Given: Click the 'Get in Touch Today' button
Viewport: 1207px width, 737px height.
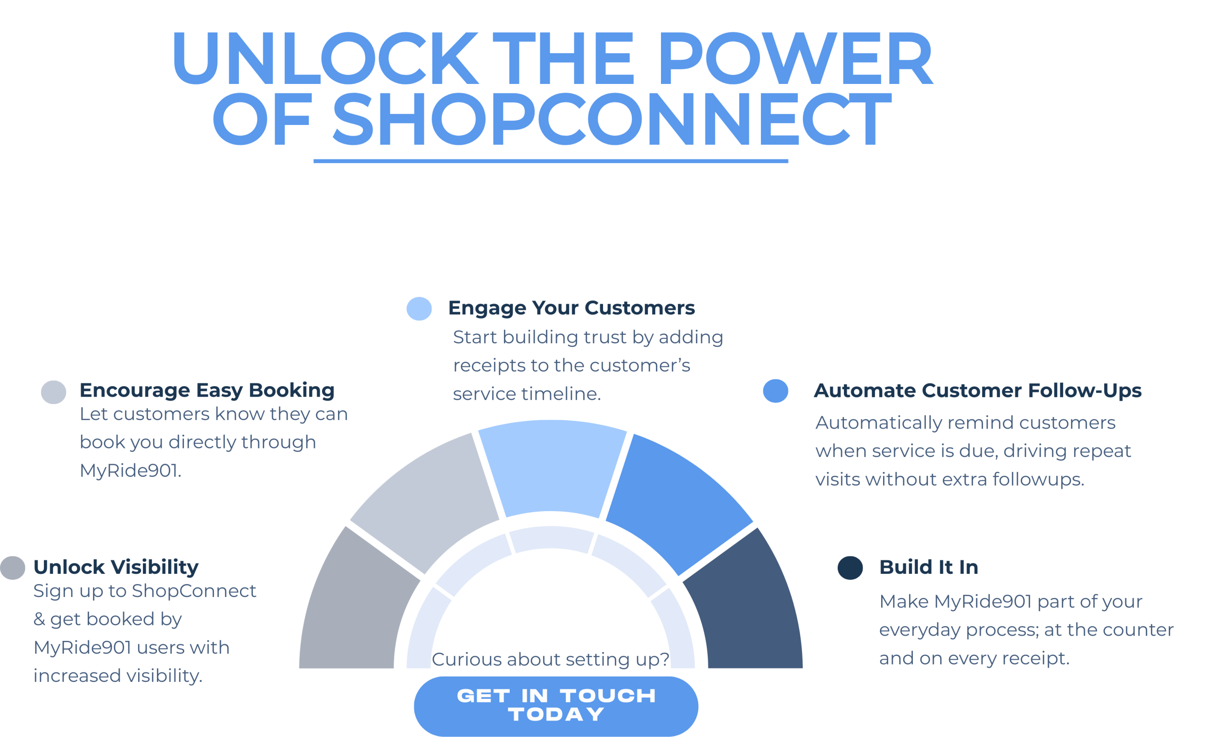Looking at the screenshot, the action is pos(555,706).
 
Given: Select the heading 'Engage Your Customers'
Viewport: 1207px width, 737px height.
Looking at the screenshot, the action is pos(571,308).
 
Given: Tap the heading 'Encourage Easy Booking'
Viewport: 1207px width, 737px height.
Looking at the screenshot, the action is pos(207,390).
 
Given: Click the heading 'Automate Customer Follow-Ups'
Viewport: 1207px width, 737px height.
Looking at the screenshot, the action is pos(977,390).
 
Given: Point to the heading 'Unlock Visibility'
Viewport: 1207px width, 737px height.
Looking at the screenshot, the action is pos(116,567).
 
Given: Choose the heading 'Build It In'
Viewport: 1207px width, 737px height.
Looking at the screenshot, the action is pos(929,567).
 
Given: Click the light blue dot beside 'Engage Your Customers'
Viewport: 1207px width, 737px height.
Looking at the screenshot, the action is pos(419,309).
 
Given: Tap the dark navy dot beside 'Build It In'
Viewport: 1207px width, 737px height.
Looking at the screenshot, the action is pos(850,568).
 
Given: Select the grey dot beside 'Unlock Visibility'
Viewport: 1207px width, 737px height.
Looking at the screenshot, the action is pos(13,568).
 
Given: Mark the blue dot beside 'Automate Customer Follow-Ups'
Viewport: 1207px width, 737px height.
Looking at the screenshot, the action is pos(776,391).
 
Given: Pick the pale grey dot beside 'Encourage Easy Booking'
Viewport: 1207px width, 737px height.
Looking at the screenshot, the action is pos(53,392).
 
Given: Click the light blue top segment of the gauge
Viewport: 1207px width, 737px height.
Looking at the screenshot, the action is pos(552,465).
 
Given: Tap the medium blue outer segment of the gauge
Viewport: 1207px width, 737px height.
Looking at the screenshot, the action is pos(678,500).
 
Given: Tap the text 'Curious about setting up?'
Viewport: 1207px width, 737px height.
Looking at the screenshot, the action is pos(551,659).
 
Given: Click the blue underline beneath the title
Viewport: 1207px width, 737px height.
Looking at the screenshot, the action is pos(551,161).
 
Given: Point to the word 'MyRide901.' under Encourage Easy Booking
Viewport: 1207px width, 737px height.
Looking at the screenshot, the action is pos(130,471).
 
